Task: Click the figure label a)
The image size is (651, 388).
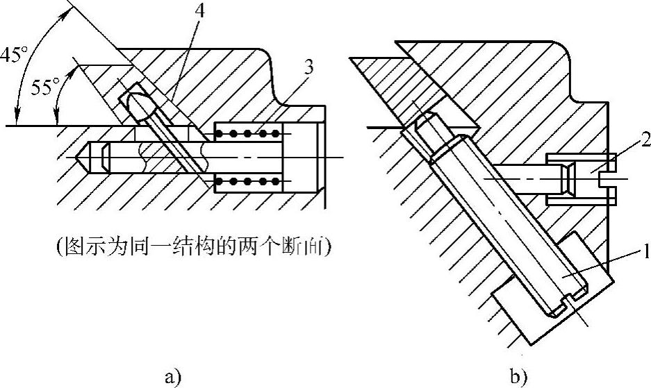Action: click(172, 378)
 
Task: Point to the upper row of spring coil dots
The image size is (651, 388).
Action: click(249, 133)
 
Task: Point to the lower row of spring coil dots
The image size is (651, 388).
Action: click(249, 182)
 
